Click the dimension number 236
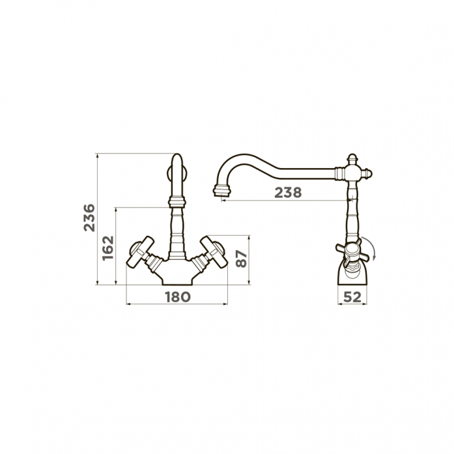89,218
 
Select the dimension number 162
108,248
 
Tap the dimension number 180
178,297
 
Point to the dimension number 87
241,259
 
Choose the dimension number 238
288,193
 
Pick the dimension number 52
352,297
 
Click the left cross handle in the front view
141,252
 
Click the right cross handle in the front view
214,252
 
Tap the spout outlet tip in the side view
222,192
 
